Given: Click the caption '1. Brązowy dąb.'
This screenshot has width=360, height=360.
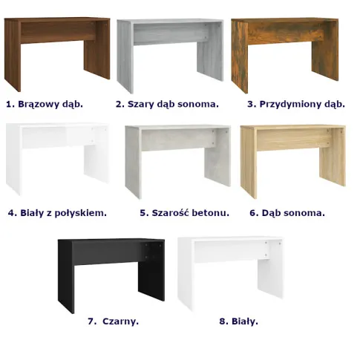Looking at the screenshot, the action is pyautogui.click(x=45, y=104).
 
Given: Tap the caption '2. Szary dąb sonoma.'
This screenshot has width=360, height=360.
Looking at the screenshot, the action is pyautogui.click(x=167, y=104).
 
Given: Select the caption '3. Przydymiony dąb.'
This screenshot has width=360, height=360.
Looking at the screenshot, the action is pyautogui.click(x=296, y=104).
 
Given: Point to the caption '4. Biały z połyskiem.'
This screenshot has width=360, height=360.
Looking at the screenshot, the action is pyautogui.click(x=57, y=213).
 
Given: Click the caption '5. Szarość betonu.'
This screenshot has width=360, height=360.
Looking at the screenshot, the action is pyautogui.click(x=185, y=213).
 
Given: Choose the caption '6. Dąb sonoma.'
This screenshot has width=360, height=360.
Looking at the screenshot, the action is pyautogui.click(x=287, y=213).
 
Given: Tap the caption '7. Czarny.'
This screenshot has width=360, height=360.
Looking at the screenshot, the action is pyautogui.click(x=113, y=321).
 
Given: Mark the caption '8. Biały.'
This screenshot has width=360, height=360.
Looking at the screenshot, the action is pyautogui.click(x=239, y=321).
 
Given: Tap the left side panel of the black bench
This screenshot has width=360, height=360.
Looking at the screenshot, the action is pyautogui.click(x=66, y=276).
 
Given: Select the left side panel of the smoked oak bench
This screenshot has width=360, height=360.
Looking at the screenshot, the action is pyautogui.click(x=240, y=56).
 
